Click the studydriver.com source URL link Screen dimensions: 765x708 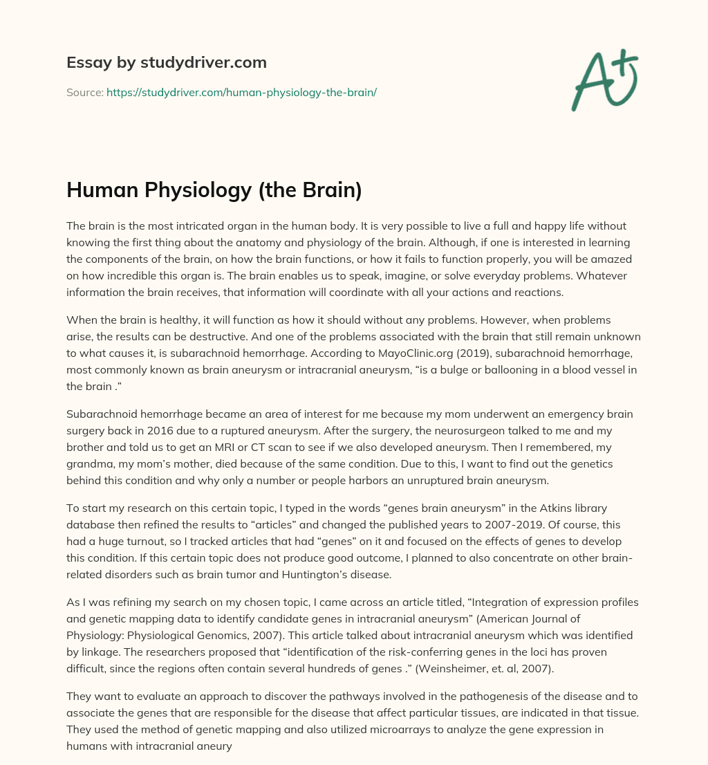[241, 91]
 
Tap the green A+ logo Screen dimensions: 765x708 [604, 80]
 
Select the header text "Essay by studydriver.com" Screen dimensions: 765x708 [167, 62]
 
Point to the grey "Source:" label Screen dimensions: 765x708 [84, 91]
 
